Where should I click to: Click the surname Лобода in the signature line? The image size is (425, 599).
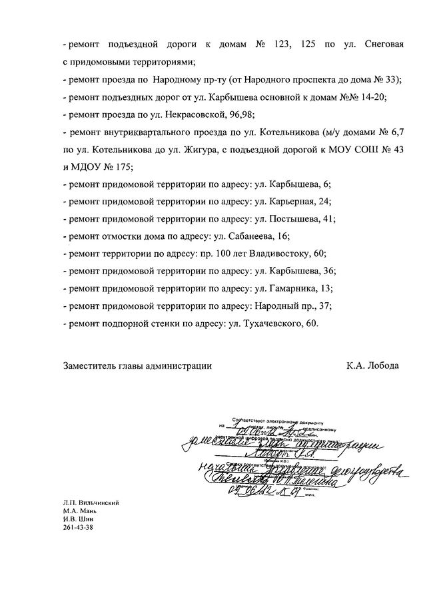[x=384, y=365]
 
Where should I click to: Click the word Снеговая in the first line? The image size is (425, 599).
[x=384, y=45]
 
